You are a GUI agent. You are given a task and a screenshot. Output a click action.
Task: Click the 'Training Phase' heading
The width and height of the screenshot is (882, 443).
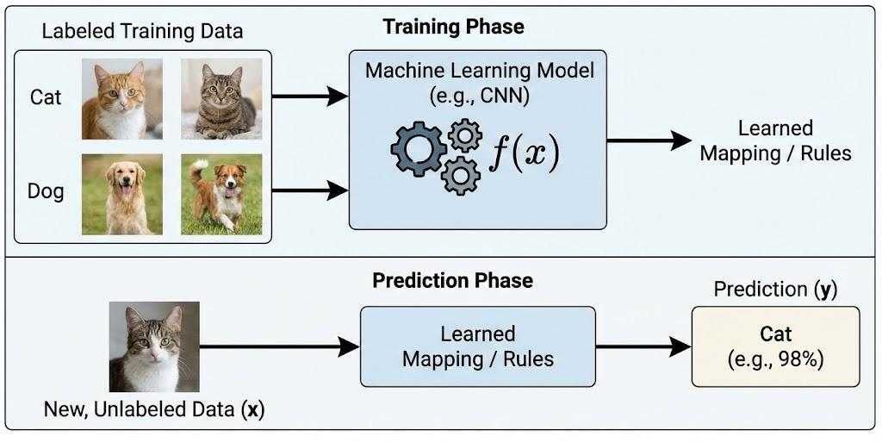(x=453, y=27)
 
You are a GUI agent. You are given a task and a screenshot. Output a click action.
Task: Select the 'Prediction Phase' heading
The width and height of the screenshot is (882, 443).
(x=452, y=281)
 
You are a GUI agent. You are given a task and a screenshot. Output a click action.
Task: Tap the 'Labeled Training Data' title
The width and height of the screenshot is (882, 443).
(x=142, y=32)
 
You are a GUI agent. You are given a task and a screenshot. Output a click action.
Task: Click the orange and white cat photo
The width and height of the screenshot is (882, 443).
(x=121, y=98)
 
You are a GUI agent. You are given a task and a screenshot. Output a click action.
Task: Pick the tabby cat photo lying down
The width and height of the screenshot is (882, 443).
(x=221, y=98)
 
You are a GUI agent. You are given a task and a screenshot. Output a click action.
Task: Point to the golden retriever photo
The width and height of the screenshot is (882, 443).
(x=121, y=194)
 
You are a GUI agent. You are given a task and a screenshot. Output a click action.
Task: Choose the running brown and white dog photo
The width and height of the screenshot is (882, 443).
(x=221, y=194)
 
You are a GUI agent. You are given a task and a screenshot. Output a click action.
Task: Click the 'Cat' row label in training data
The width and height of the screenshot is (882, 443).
(x=46, y=97)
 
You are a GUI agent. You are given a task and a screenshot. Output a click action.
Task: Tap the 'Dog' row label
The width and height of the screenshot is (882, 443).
(x=46, y=190)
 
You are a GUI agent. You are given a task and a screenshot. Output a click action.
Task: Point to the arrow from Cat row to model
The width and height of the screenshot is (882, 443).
(x=310, y=97)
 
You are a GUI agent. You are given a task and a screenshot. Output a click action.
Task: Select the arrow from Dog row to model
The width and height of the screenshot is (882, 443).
(x=310, y=190)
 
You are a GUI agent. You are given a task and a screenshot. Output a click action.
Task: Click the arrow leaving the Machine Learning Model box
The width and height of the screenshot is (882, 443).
(x=648, y=140)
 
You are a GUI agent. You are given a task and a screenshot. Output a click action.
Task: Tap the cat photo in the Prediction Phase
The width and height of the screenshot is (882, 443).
(x=154, y=346)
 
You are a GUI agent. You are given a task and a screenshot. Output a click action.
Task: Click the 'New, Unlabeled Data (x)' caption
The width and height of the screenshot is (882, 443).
(x=154, y=410)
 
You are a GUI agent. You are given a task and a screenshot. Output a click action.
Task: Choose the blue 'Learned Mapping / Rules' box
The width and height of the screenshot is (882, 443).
(x=477, y=346)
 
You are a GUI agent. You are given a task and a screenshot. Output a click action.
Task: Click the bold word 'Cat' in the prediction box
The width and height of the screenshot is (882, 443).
(x=775, y=334)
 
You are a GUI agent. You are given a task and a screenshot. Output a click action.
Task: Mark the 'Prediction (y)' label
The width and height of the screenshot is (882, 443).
(x=775, y=290)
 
